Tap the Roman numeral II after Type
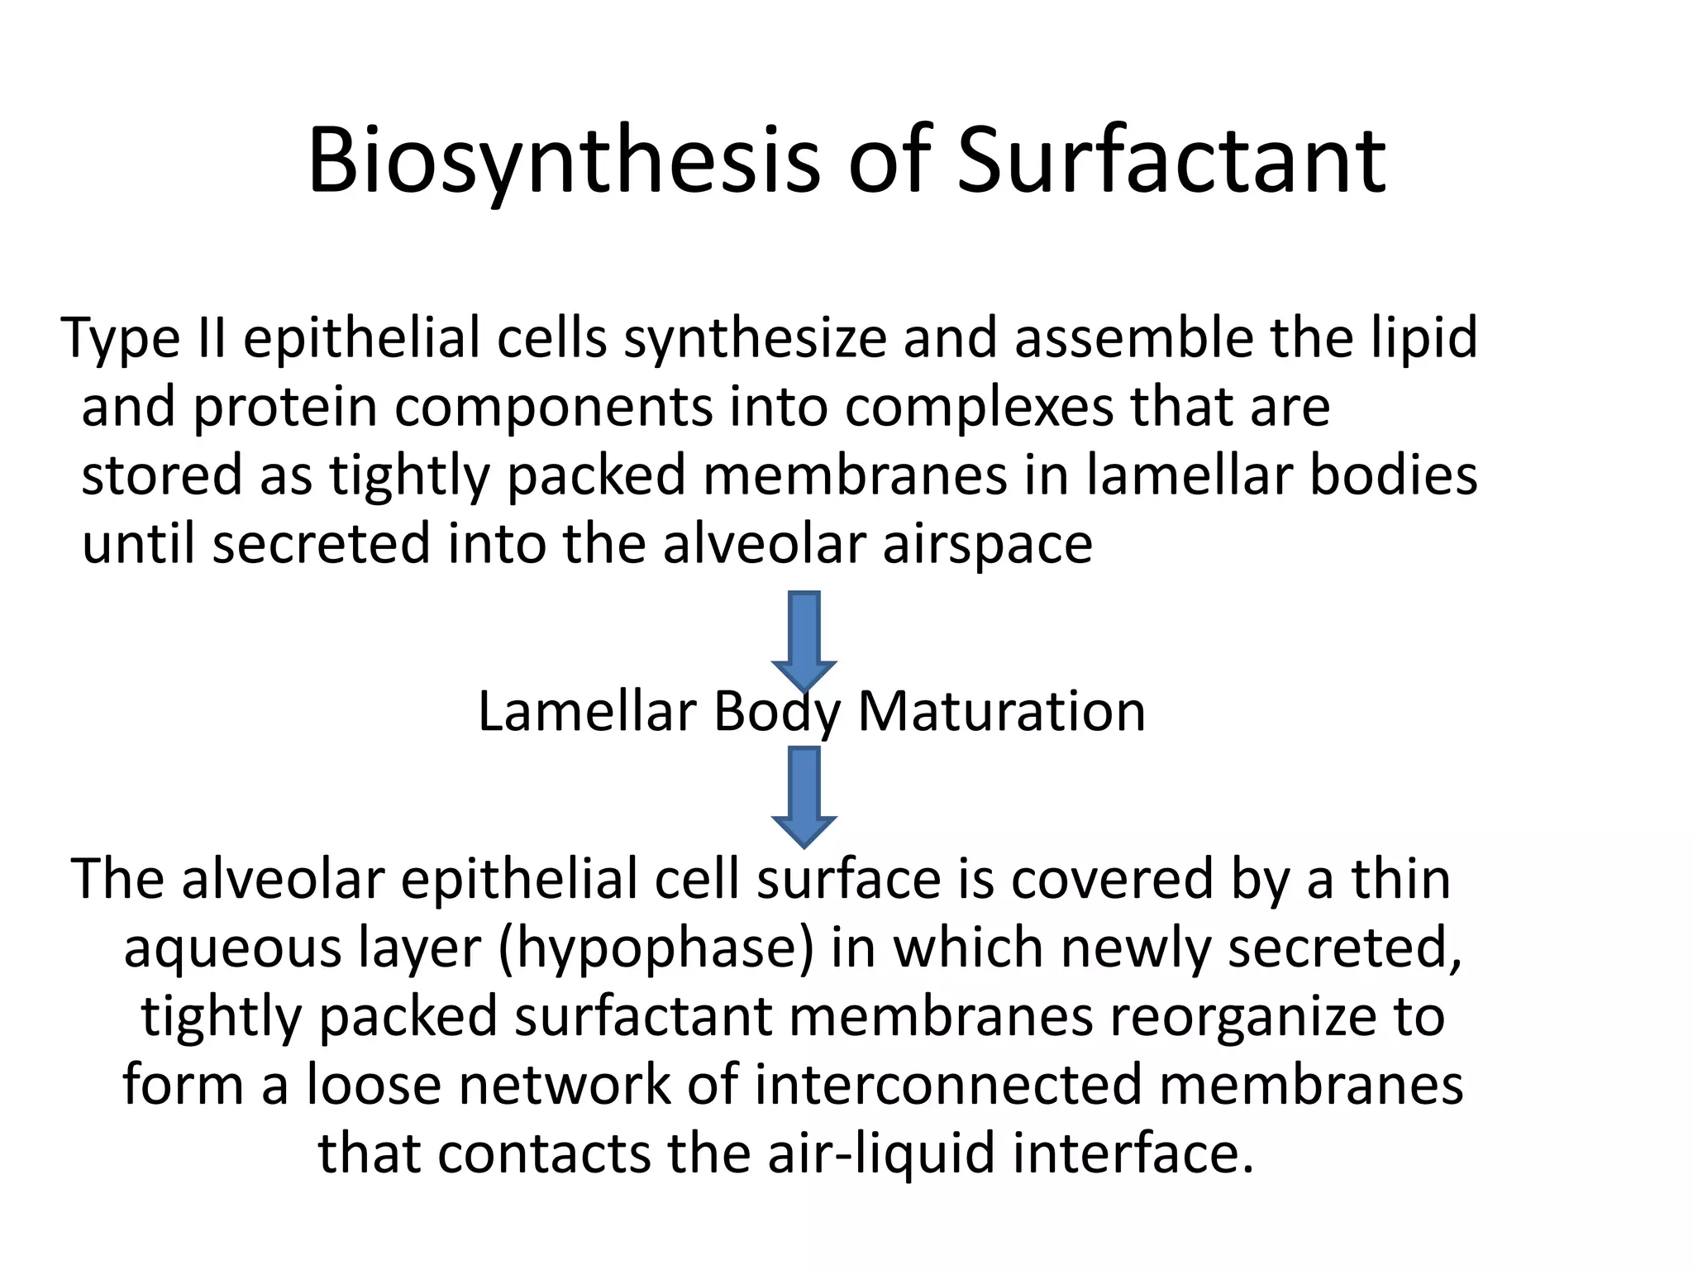click(x=211, y=338)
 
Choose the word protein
click(x=284, y=408)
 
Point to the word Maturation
click(x=1001, y=711)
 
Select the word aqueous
click(x=232, y=949)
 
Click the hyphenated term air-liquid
click(x=881, y=1153)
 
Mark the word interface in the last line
click(x=1125, y=1153)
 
